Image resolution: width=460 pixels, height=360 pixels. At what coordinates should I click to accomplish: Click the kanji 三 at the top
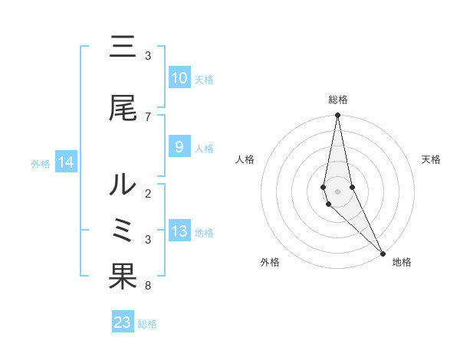coord(123,49)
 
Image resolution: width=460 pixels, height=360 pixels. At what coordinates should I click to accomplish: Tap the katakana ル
coord(123,185)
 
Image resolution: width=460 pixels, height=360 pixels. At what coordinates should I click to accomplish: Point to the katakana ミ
coord(123,231)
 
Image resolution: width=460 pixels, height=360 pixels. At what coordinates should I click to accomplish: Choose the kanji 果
coord(123,277)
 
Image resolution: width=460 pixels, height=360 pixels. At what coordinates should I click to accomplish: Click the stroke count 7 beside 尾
coord(147,116)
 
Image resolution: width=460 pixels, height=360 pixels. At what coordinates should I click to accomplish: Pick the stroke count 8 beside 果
coord(147,286)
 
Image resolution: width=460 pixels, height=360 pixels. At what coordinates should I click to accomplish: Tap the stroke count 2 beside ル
coord(147,193)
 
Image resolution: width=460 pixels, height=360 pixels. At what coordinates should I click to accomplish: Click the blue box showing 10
coord(179,78)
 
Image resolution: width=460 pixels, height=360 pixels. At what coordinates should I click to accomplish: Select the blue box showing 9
coord(179,147)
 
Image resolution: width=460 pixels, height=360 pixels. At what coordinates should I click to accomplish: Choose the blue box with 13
coord(179,231)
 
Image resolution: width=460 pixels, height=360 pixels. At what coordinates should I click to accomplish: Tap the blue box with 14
coord(65,162)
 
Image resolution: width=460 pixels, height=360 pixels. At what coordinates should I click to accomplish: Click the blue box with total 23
coord(123,322)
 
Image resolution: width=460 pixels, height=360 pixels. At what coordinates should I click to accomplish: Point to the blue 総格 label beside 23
coord(147,324)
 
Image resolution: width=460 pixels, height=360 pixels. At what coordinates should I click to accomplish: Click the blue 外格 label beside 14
coord(41,163)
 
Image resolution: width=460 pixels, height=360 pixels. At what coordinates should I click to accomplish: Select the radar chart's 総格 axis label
coord(337,100)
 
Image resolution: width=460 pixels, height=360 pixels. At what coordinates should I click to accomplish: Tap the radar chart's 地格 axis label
coord(402,262)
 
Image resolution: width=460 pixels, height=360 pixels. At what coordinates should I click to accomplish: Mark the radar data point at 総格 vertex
coord(337,116)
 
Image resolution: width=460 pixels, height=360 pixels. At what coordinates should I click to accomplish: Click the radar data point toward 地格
coord(383,252)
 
